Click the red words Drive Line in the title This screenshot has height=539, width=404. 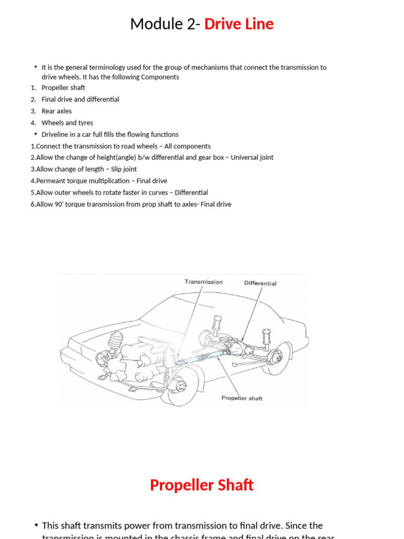pyautogui.click(x=239, y=24)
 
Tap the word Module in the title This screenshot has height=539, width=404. pyautogui.click(x=153, y=24)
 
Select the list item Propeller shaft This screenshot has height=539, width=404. pyautogui.click(x=63, y=87)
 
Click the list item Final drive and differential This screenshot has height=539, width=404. pyautogui.click(x=80, y=99)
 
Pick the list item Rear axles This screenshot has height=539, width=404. pyautogui.click(x=57, y=111)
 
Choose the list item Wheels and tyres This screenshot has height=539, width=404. pyautogui.click(x=67, y=123)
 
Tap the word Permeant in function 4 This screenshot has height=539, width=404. pyautogui.click(x=51, y=181)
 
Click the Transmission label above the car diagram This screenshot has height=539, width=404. pyautogui.click(x=203, y=282)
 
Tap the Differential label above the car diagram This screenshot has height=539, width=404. pyautogui.click(x=260, y=283)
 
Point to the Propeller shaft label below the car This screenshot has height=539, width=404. pyautogui.click(x=241, y=398)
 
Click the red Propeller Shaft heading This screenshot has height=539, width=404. pyautogui.click(x=201, y=485)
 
